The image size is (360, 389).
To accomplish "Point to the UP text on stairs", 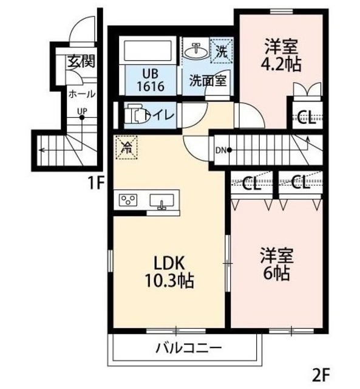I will [81, 111].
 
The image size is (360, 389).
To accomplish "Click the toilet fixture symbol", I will [135, 114].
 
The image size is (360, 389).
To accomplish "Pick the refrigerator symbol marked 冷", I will [127, 146].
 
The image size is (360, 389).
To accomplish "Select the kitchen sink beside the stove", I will [162, 201].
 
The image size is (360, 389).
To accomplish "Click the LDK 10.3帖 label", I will [168, 272].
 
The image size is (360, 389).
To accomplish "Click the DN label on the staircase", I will [220, 150].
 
